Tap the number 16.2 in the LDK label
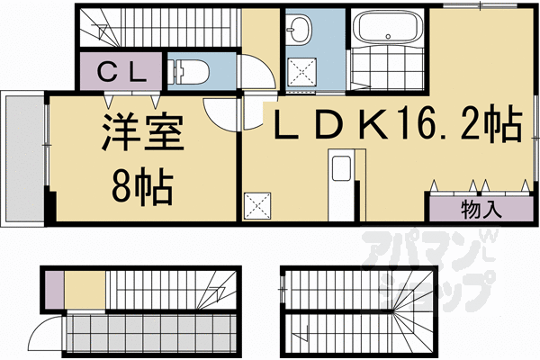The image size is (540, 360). pos(440,124)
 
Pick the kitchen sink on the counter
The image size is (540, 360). pos(341,170)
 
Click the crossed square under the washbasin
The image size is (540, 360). pos(301,72)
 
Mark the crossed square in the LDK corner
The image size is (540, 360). pos(259,204)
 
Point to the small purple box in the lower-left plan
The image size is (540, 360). pos(53,290)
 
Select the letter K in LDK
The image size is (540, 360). pos(372,125)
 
